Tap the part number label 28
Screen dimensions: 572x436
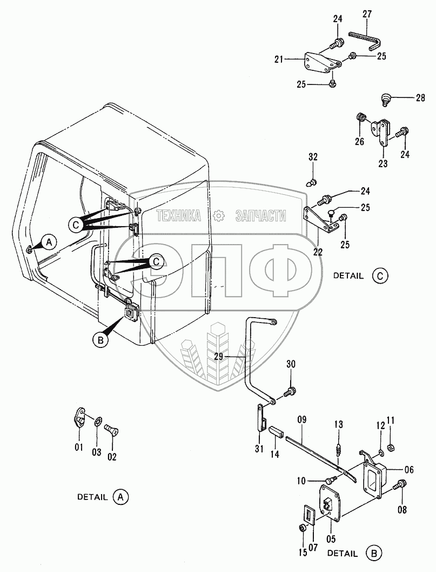[420, 98]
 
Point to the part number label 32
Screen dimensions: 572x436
[313, 157]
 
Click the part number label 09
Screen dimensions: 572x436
[302, 418]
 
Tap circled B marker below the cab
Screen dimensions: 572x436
[99, 340]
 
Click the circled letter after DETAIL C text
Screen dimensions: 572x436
[380, 275]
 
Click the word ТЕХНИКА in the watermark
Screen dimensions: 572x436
[179, 216]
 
